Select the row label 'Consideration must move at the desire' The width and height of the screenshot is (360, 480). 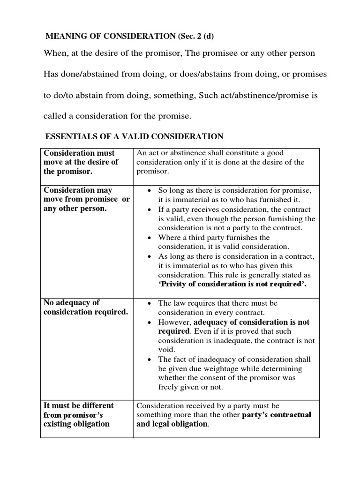(x=81, y=162)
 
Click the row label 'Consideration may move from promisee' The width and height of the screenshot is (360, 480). (x=86, y=199)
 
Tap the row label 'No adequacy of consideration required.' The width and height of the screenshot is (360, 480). (x=85, y=307)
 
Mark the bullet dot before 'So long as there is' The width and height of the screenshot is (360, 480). (x=148, y=191)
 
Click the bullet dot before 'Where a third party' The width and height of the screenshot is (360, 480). (x=148, y=238)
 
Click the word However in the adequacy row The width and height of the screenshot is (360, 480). (x=174, y=322)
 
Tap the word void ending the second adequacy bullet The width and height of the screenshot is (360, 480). (x=166, y=350)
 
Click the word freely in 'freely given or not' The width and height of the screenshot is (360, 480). (x=169, y=387)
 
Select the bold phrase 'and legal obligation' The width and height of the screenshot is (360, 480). (x=172, y=424)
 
